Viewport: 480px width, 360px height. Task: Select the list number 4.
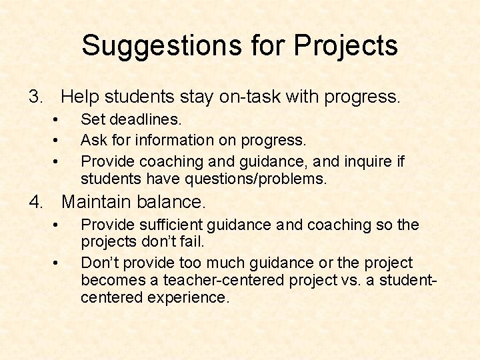[35, 201]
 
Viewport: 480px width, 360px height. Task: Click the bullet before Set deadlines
[57, 121]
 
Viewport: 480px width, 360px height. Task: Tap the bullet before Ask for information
[57, 141]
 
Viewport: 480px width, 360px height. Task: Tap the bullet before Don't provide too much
[57, 263]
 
